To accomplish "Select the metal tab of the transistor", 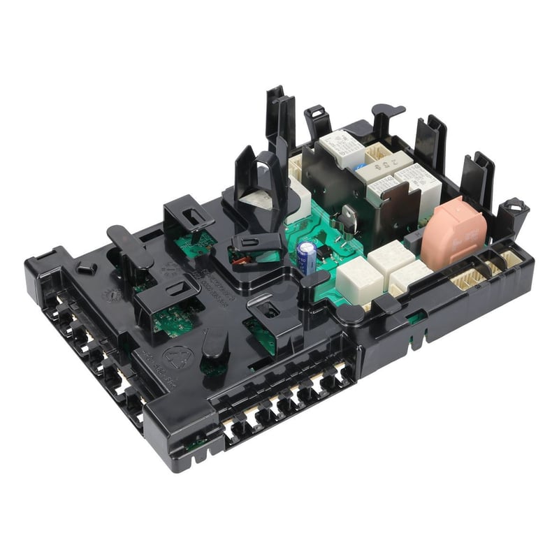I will coord(347,219).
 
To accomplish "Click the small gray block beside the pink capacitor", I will coord(414,241).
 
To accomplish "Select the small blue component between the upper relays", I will coord(359,168).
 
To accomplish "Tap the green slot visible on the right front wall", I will coord(417,319).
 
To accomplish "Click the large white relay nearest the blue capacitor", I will coord(358,279).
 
